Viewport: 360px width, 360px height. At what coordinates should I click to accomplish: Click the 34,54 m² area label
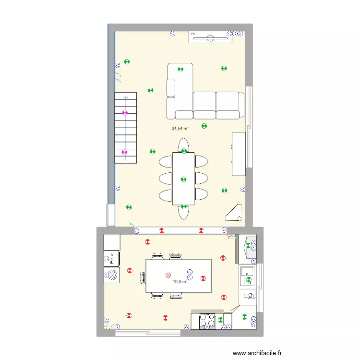coord(180,129)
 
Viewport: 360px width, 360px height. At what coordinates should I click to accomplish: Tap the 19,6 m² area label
coord(180,282)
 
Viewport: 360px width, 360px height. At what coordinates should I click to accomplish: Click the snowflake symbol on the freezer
coord(112,275)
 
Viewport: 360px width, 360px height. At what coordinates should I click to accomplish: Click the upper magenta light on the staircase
coord(125,113)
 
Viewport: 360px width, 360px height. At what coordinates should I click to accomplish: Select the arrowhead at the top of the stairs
coord(126,97)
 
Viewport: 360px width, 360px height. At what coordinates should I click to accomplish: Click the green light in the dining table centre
coord(183,180)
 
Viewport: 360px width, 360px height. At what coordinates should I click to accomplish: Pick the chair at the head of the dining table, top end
coord(183,145)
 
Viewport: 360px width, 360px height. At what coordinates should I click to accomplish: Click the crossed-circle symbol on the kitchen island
coord(168,275)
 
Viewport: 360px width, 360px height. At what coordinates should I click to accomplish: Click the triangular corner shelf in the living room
coord(234,213)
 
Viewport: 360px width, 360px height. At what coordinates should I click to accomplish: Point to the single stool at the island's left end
coord(143,276)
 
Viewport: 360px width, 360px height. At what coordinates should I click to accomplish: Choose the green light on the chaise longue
coord(180,69)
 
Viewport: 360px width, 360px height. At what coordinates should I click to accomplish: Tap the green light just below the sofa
coord(204,126)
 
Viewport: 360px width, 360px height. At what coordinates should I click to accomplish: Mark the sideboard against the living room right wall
coord(239,154)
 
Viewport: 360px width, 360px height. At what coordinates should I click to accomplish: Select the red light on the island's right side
coord(203,278)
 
